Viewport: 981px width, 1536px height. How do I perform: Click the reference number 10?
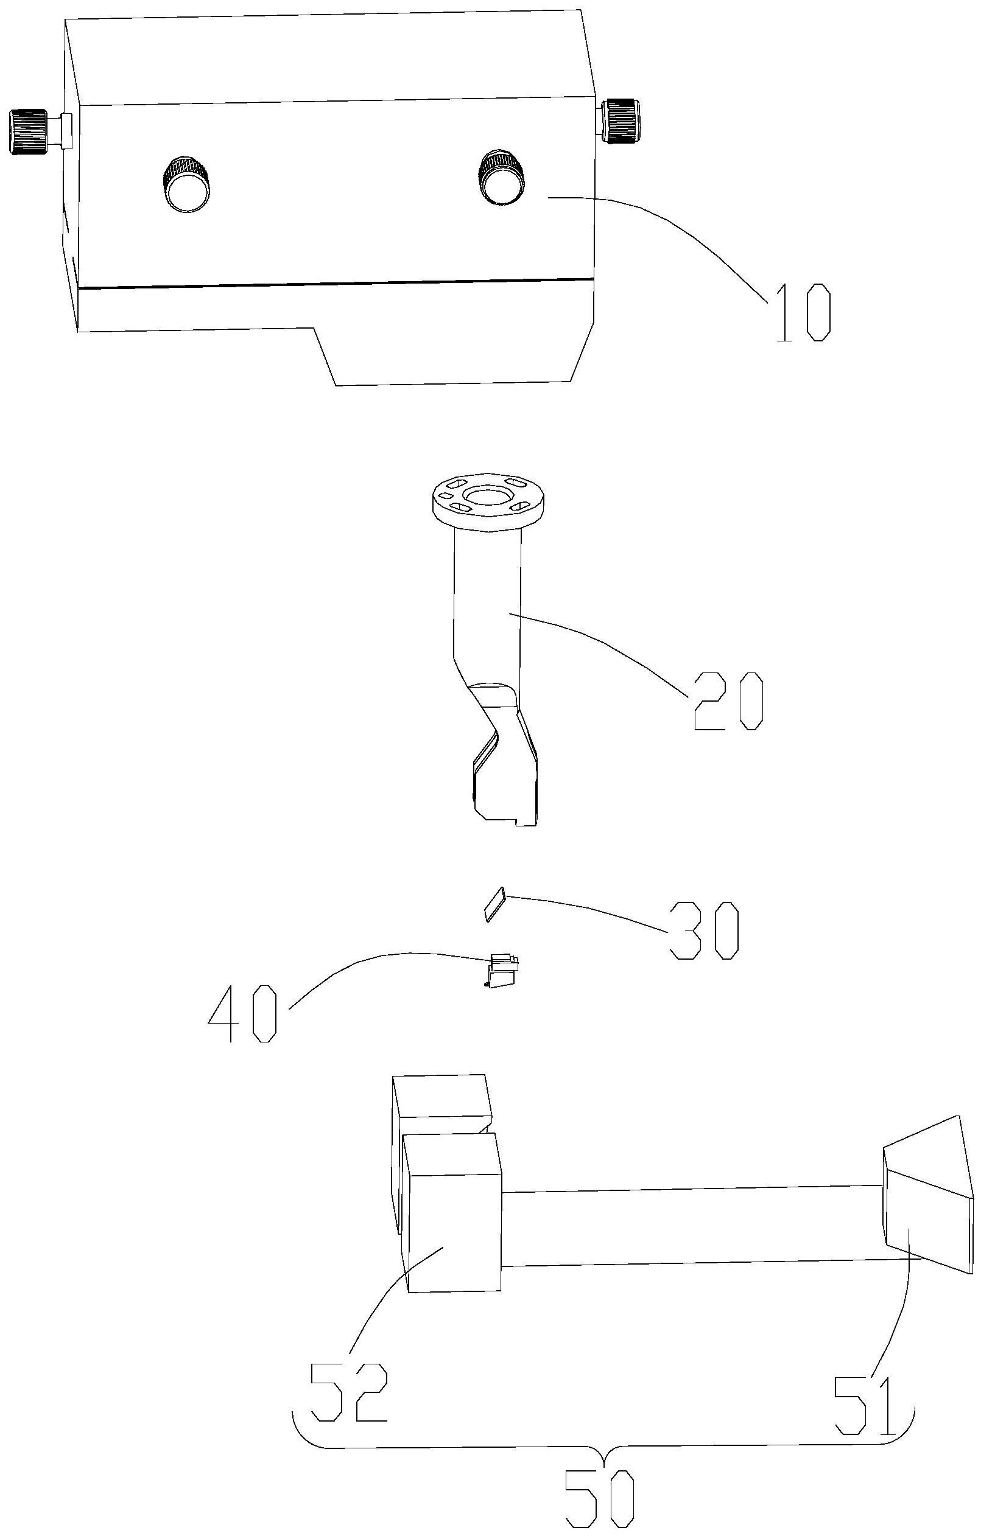804,312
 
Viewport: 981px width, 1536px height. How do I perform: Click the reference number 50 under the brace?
602,1502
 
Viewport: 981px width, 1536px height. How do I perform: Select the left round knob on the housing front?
186,183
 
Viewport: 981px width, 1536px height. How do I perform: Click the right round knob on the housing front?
502,176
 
